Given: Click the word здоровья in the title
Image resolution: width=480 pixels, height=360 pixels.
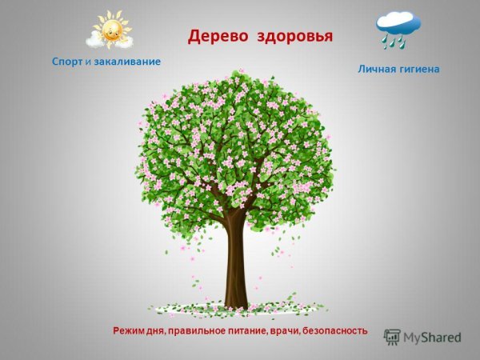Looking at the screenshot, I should (x=294, y=38).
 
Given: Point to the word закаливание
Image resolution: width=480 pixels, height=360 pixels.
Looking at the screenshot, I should (x=127, y=62).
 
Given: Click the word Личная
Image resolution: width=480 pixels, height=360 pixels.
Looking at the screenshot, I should (x=376, y=70).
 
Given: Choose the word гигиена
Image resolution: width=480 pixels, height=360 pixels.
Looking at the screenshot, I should (x=420, y=70).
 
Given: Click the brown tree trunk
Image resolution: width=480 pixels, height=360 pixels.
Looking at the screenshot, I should (x=236, y=264).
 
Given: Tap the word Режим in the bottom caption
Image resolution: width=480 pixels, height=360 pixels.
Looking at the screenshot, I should (x=129, y=330).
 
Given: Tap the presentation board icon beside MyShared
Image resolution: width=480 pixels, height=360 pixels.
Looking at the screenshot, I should (x=391, y=337).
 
